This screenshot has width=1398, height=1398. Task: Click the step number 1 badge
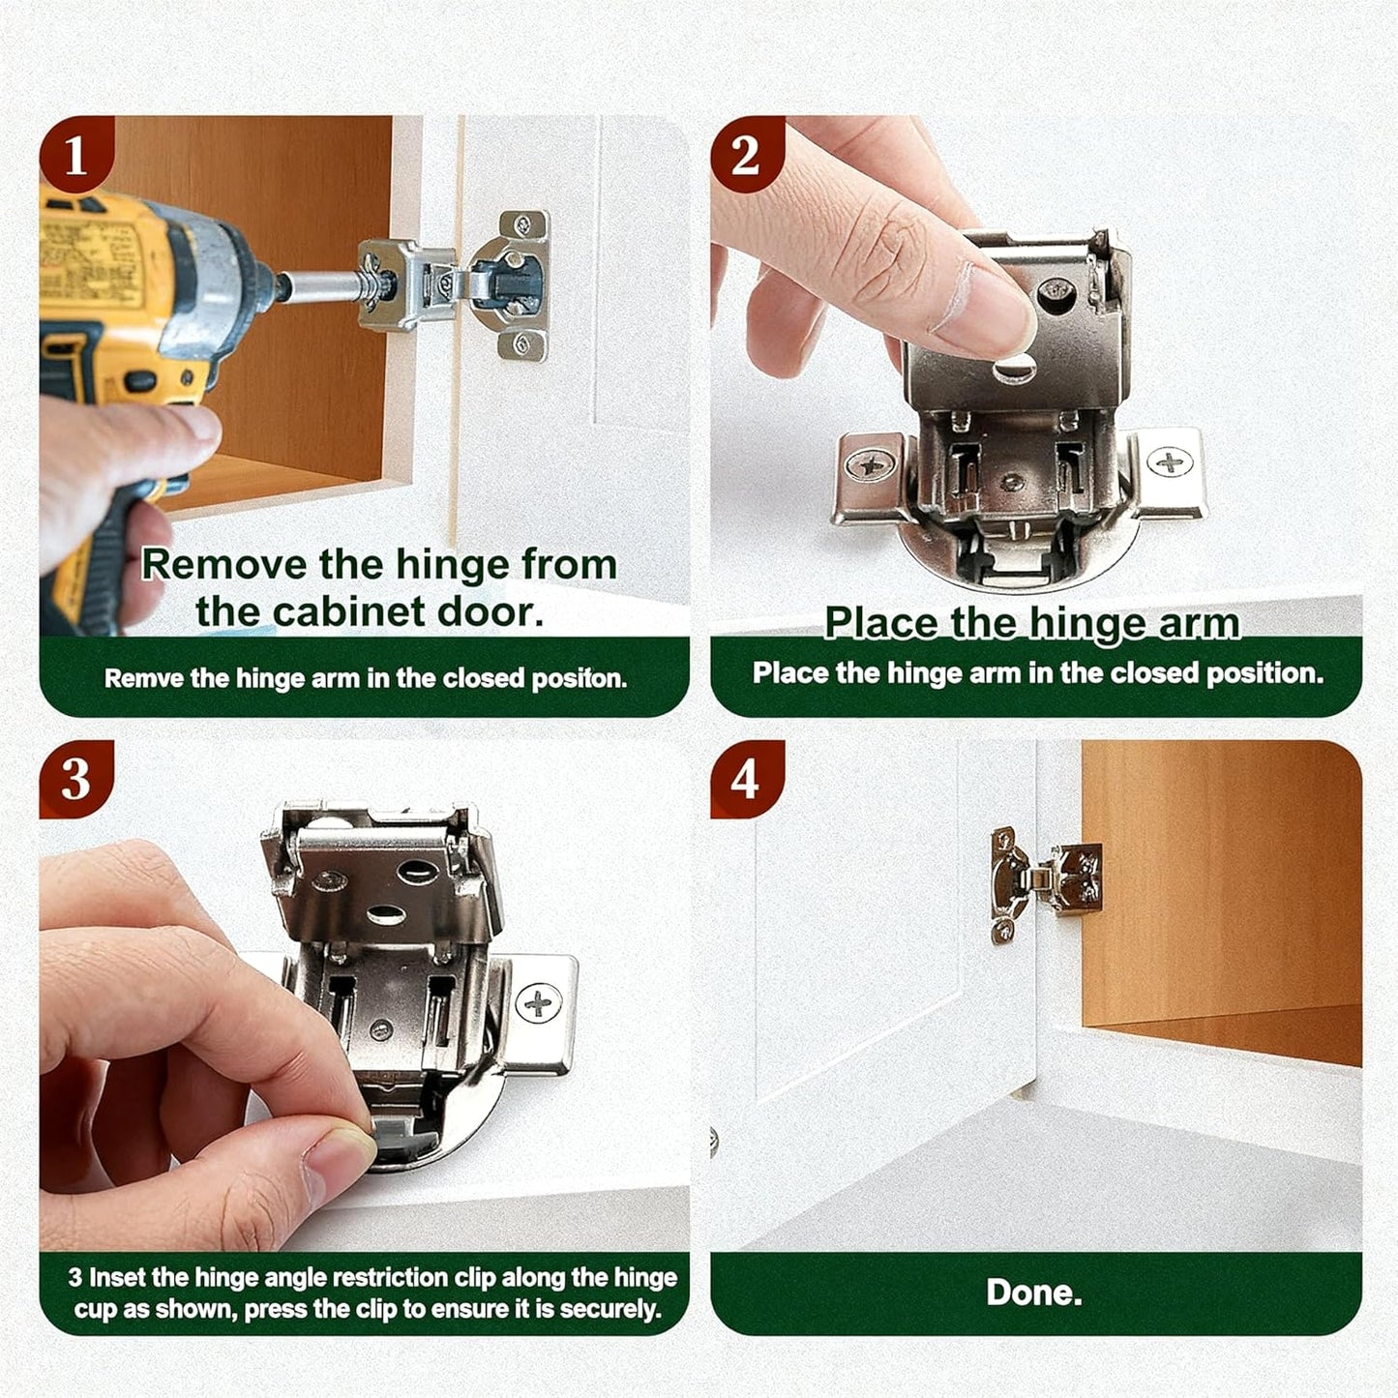[75, 155]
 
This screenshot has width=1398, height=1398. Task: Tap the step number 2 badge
[746, 155]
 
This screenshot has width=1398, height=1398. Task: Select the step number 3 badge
[75, 779]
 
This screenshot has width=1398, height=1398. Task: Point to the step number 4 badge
[746, 779]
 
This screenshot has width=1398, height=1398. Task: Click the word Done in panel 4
[1034, 1293]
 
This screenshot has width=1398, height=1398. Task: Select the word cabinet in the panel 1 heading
[347, 610]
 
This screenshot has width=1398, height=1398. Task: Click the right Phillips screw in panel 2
[1171, 462]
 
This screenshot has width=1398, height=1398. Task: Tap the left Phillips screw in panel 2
[869, 465]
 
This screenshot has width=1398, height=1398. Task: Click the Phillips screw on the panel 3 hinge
[538, 1003]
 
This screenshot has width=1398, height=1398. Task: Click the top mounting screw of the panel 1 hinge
[523, 224]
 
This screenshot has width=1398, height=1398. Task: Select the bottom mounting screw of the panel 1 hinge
[523, 343]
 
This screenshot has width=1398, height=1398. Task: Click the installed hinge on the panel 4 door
[1046, 884]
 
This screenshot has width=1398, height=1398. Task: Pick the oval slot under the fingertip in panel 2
[1014, 372]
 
